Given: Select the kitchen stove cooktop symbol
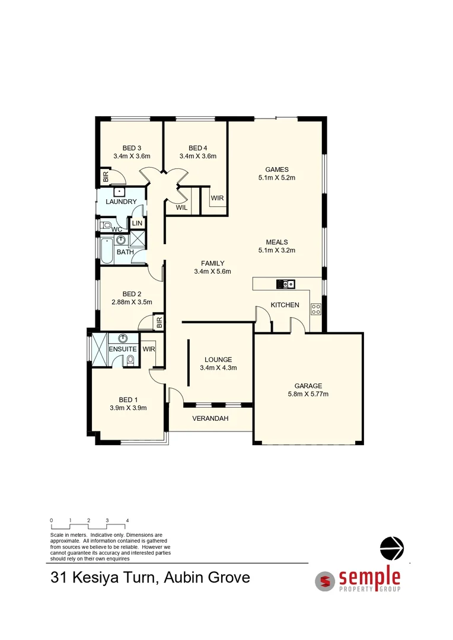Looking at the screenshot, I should (x=316, y=309).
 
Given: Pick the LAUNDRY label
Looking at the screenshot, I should (x=122, y=202).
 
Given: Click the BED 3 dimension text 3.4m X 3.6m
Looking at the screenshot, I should (x=132, y=156).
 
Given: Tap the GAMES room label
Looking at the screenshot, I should (x=277, y=169).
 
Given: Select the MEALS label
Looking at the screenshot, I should (x=277, y=242).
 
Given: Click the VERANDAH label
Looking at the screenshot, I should (x=210, y=418).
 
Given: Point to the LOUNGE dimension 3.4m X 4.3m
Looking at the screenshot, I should (x=218, y=367).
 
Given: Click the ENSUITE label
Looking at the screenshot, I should (x=123, y=350).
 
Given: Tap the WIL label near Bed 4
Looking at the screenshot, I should (x=181, y=207).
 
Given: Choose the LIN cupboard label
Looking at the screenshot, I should (x=137, y=223).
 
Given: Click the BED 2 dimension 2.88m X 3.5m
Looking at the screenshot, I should (x=132, y=302).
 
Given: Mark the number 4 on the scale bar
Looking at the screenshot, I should (x=127, y=520).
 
